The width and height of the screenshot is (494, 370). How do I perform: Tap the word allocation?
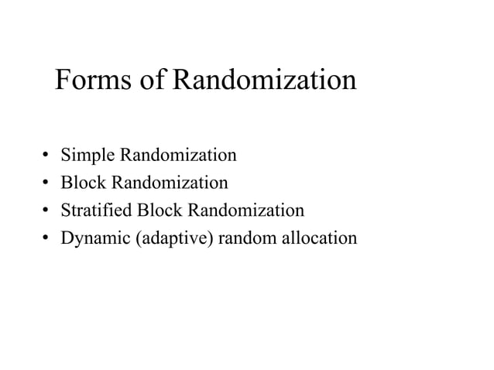coord(319,238)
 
